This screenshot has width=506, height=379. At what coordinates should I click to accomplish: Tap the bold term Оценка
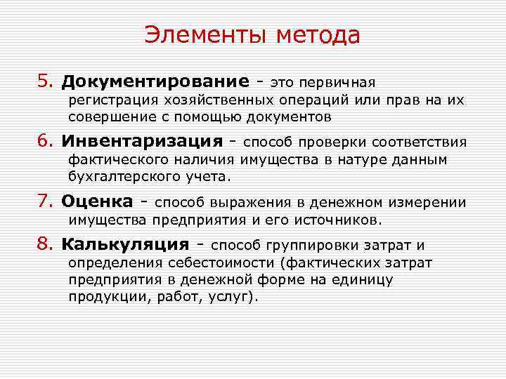pos(97,202)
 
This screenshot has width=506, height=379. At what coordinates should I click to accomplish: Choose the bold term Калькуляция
pos(125,244)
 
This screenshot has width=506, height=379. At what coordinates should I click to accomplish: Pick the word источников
pos(340,220)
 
